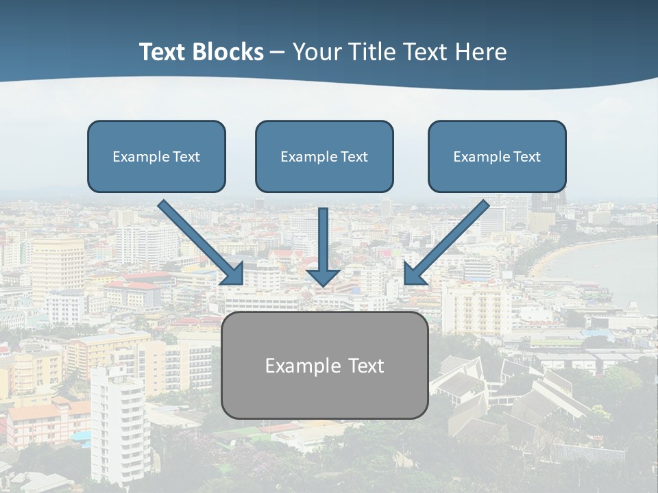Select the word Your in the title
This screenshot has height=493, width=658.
point(318,52)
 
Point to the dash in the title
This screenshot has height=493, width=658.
point(278,53)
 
